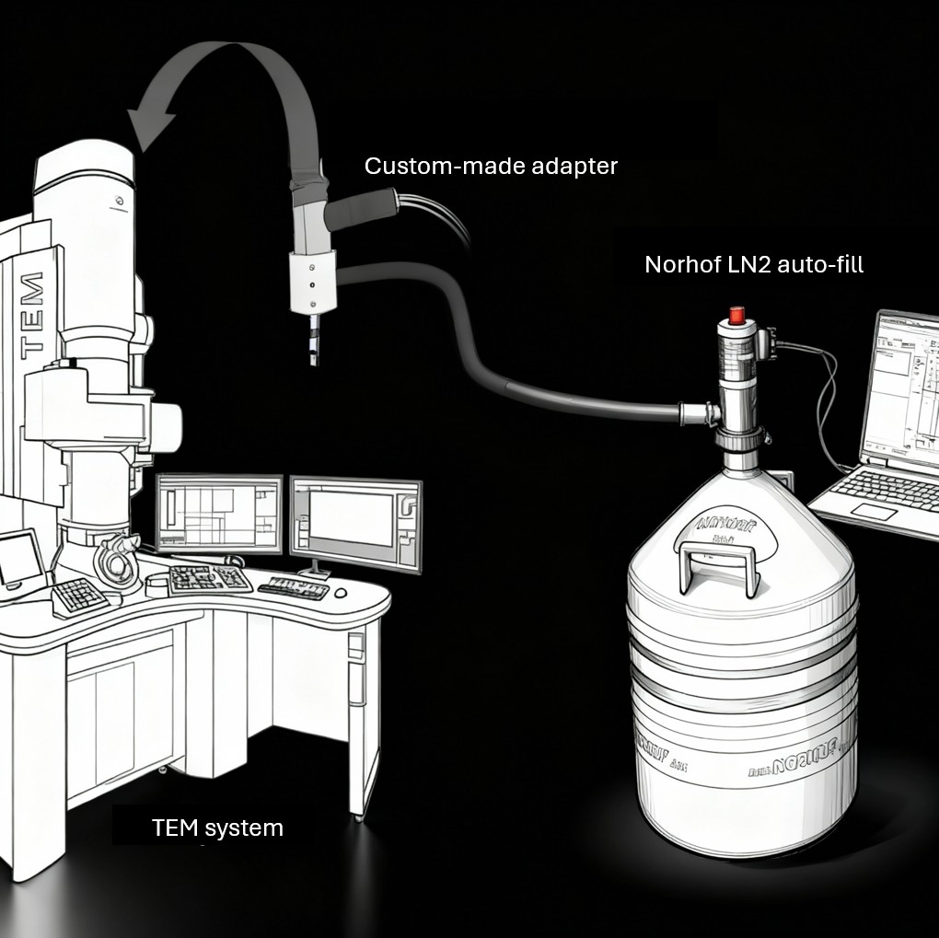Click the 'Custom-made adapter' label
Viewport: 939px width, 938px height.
click(x=490, y=167)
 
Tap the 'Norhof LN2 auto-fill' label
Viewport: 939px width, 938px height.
click(x=753, y=265)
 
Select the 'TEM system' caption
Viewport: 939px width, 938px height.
click(x=217, y=828)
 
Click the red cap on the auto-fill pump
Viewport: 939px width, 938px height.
click(x=736, y=315)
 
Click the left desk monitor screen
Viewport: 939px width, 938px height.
click(x=219, y=513)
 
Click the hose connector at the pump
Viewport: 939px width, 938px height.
click(x=690, y=411)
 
